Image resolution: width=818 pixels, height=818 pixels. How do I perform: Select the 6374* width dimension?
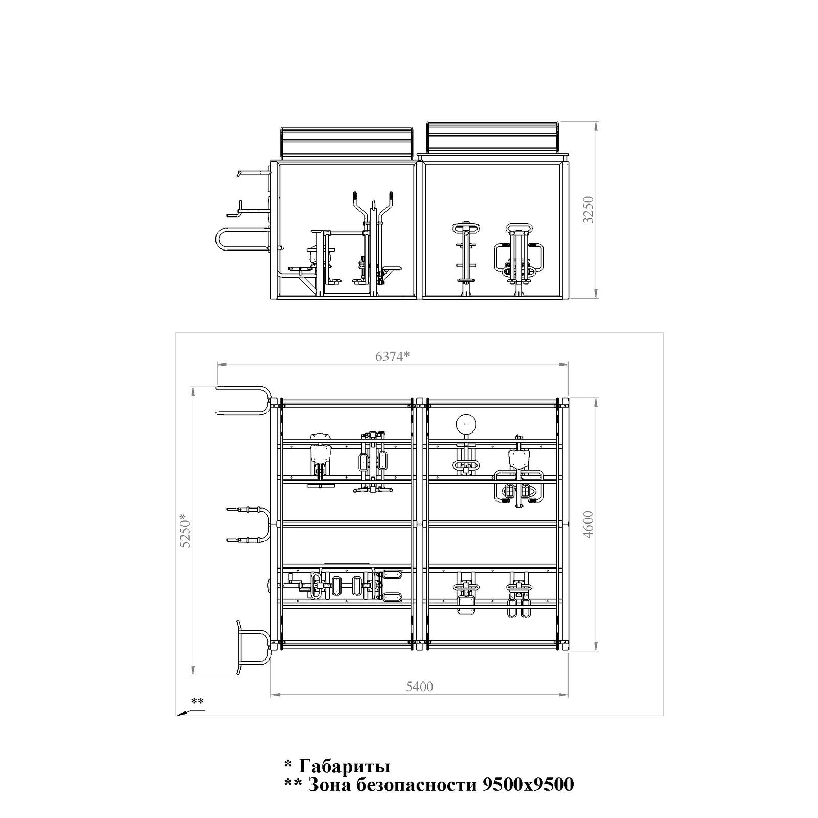(393, 356)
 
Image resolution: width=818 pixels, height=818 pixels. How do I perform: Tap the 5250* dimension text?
(185, 531)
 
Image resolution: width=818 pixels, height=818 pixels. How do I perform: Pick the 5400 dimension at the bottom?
(419, 687)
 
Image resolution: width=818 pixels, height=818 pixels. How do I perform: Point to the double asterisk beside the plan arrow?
(197, 701)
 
